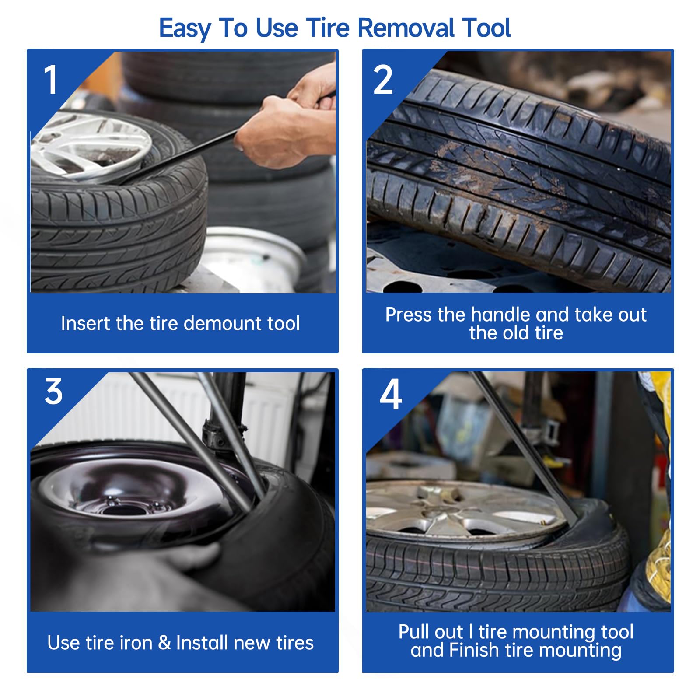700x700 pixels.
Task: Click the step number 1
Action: click(x=51, y=80)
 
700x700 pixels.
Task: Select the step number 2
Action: click(x=383, y=80)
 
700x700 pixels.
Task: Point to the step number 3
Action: click(x=54, y=392)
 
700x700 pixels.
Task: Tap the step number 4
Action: click(x=391, y=394)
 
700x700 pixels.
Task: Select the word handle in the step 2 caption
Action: click(x=501, y=315)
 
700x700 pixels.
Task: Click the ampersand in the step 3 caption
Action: click(x=164, y=643)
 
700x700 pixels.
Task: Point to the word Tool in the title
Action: click(x=486, y=28)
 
